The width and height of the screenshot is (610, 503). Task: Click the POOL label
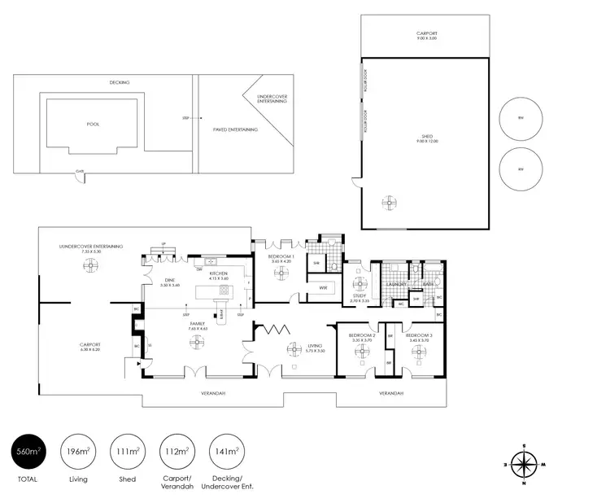92,125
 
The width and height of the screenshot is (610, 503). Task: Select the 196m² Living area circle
79,450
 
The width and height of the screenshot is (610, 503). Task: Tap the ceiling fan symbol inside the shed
389,203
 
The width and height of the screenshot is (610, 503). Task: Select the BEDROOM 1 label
280,258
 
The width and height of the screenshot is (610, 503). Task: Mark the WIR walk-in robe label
323,286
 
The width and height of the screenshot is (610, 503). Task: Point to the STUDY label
359,297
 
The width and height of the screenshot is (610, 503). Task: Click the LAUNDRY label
396,284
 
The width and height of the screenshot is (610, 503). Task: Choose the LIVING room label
316,346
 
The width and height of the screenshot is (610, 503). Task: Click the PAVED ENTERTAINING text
235,129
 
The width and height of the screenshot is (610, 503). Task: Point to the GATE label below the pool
80,171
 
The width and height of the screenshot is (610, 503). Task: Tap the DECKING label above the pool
120,82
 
